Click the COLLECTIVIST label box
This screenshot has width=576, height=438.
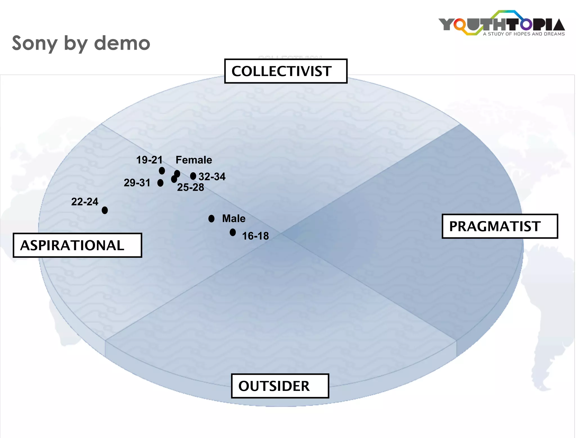[286, 71]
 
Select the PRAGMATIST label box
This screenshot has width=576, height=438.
[499, 226]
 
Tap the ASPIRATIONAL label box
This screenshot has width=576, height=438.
[77, 245]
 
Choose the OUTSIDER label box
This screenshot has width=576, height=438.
[280, 386]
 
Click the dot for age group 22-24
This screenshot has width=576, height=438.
[105, 210]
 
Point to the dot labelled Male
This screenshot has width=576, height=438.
[211, 218]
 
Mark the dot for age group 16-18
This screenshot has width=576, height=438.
[233, 232]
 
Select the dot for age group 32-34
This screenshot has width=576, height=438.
[193, 176]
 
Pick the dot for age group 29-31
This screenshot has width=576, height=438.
[160, 183]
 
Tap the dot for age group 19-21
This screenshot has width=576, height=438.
[162, 171]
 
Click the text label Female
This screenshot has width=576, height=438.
[194, 160]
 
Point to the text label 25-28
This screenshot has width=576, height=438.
[190, 187]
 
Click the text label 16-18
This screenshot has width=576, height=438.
[255, 236]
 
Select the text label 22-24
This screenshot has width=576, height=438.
[85, 202]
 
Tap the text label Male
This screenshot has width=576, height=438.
[234, 218]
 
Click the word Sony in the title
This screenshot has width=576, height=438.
[35, 44]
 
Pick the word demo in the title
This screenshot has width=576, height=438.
[122, 44]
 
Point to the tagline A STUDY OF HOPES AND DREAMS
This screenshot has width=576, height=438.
[524, 34]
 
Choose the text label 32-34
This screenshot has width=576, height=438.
[212, 177]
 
